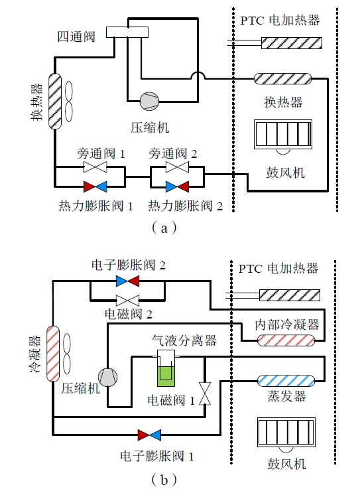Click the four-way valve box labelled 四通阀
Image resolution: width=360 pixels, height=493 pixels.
tap(127, 32)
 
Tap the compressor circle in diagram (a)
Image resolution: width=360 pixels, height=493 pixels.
tap(149, 102)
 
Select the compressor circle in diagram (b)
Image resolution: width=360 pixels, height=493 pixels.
tap(108, 377)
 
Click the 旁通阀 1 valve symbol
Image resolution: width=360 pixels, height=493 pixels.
tap(95, 167)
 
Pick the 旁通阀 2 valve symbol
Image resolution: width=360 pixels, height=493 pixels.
tap(177, 167)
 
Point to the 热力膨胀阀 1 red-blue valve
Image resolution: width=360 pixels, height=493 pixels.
tap(95, 186)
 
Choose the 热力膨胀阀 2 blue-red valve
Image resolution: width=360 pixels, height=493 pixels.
tap(177, 186)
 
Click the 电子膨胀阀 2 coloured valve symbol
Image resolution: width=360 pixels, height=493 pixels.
tap(127, 281)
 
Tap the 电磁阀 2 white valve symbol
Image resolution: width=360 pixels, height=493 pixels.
tap(127, 301)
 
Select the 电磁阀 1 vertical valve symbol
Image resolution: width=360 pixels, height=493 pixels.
tap(205, 393)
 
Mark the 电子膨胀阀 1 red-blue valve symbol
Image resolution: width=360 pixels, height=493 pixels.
tap(149, 435)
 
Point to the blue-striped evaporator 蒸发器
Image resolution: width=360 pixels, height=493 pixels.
tap(286, 381)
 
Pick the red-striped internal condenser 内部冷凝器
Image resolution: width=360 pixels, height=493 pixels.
tap(286, 340)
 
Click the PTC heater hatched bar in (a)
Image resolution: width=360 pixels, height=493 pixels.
tap(292, 43)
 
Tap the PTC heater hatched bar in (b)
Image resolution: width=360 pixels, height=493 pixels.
tap(290, 295)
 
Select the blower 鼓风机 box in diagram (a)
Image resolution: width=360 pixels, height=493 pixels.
tap(283, 135)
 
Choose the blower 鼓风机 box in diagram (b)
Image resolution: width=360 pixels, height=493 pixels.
tap(286, 433)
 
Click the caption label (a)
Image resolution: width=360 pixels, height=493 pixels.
tap(164, 228)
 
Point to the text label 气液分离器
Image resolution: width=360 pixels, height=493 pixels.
tap(184, 340)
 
